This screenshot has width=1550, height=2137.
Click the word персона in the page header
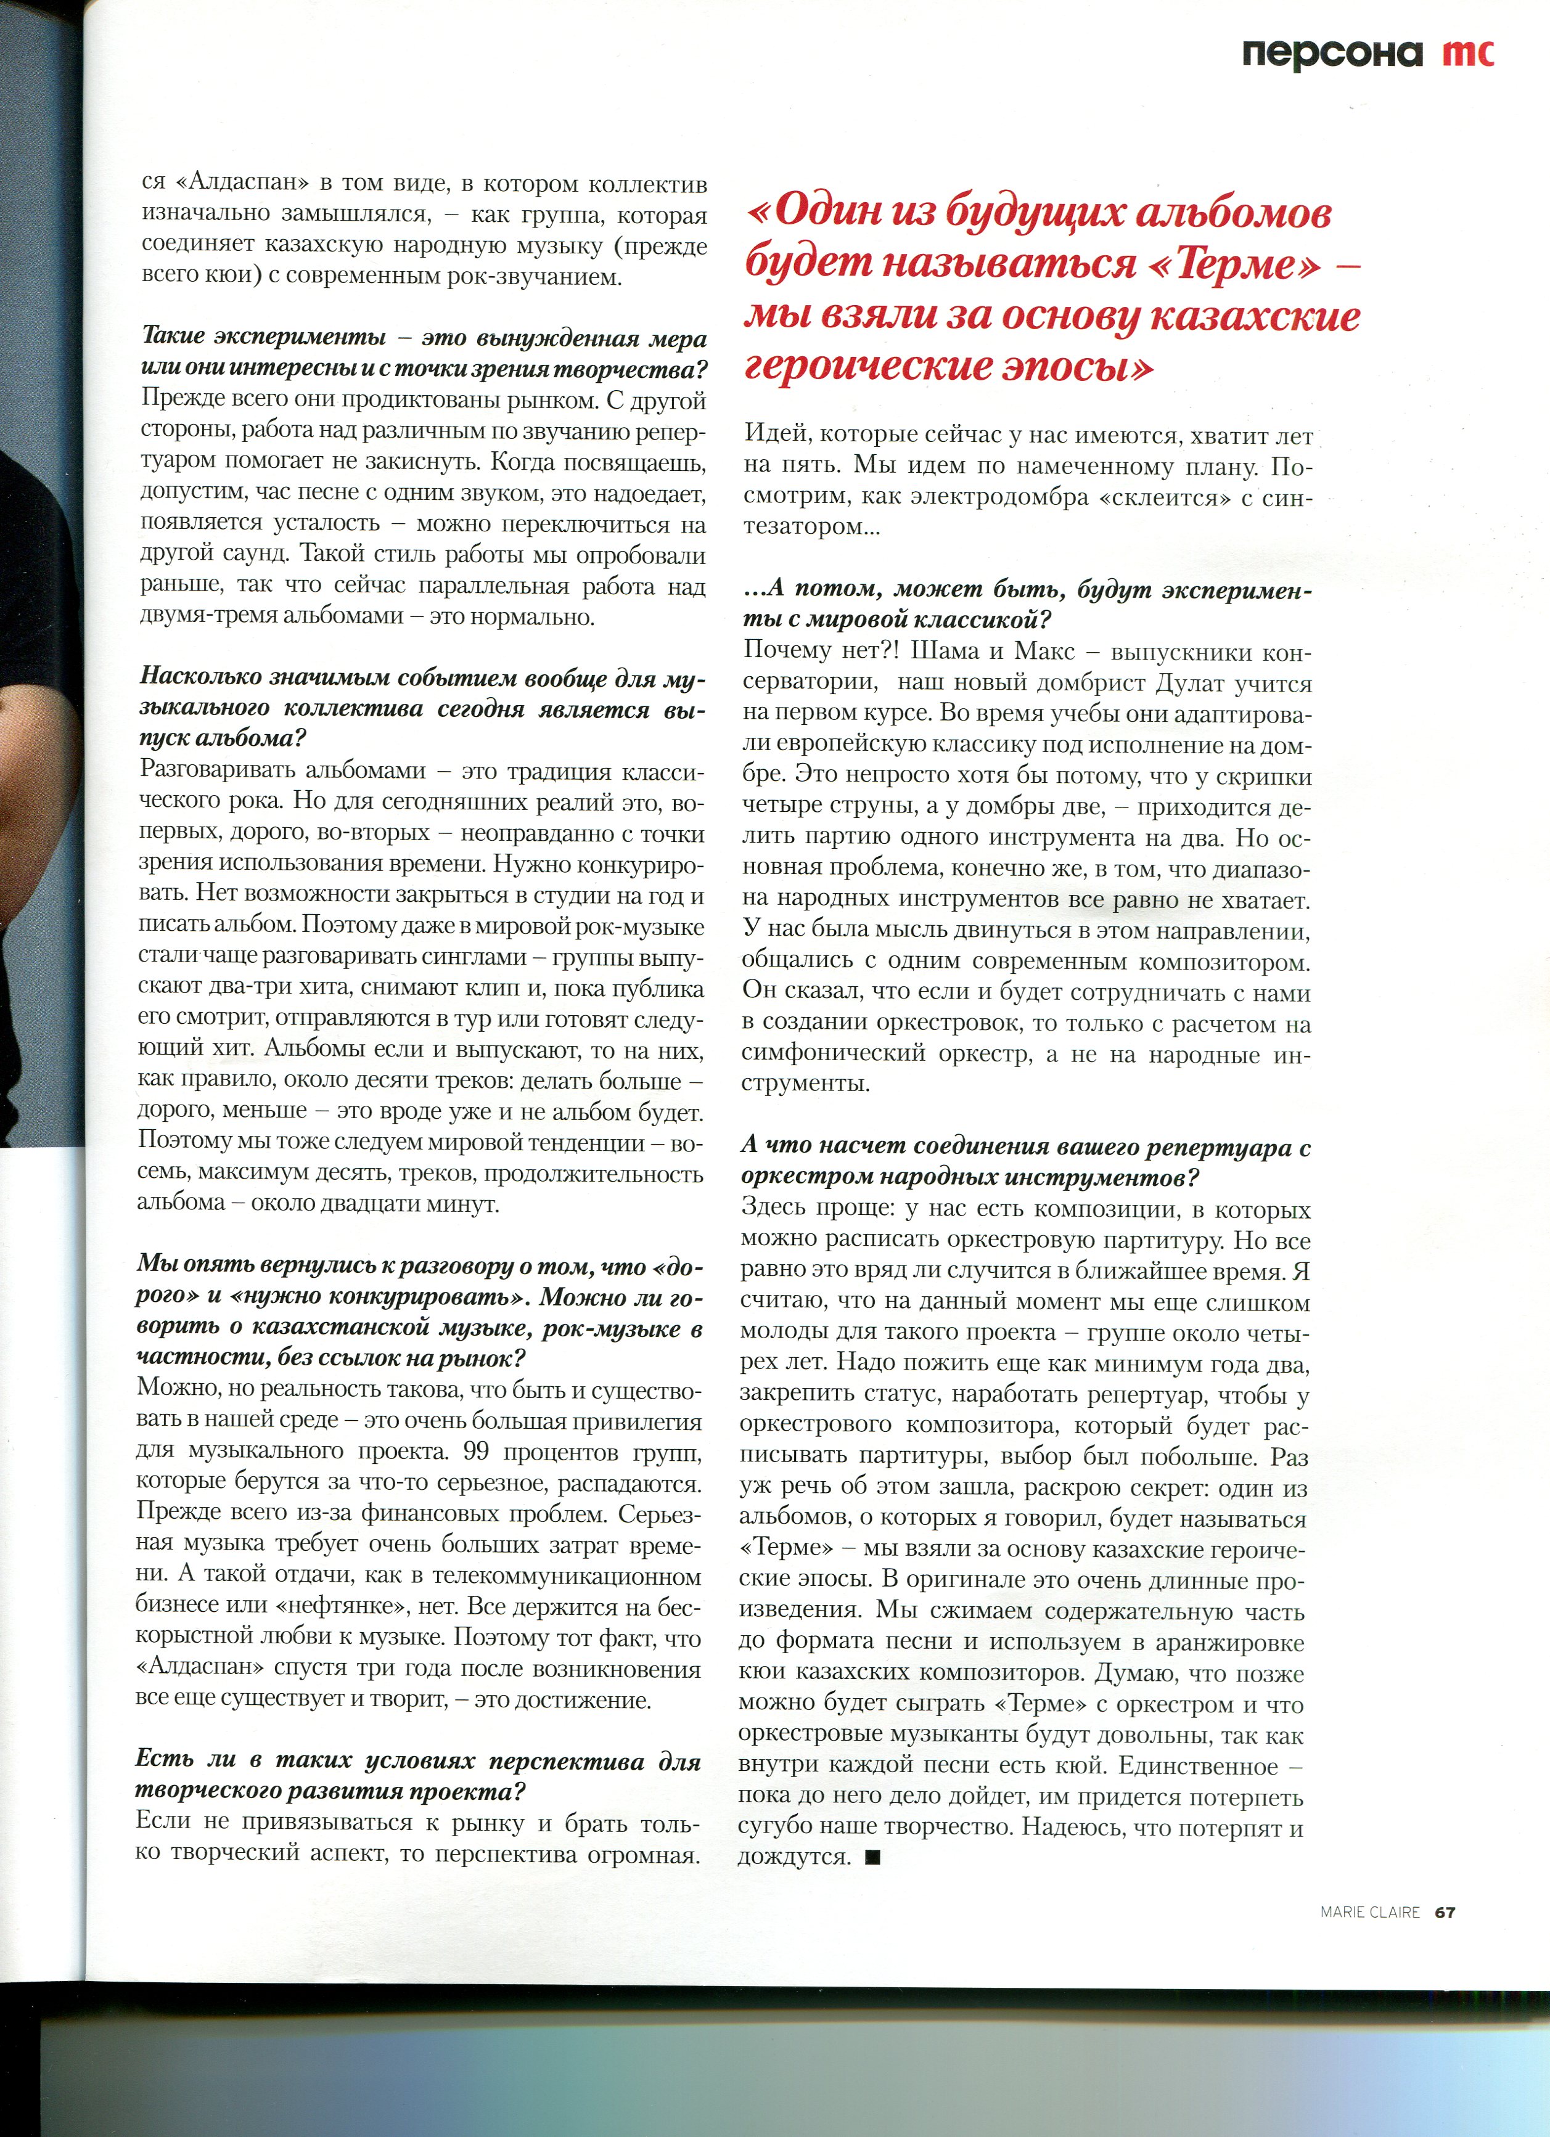click(1331, 53)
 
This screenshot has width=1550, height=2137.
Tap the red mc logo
click(1468, 53)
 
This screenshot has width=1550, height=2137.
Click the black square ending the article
click(872, 1856)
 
